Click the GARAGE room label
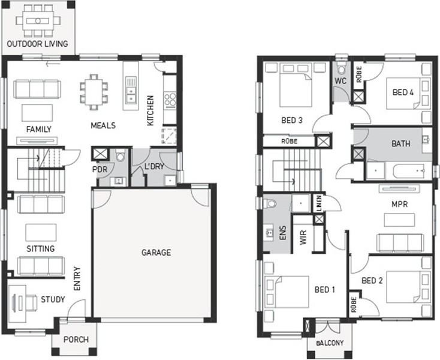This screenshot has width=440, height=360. coord(156,253)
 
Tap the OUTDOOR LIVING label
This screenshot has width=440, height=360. coord(37,44)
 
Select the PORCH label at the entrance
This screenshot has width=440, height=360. coord(76,340)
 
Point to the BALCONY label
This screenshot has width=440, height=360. coord(330,343)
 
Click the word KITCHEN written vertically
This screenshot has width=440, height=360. coord(150,110)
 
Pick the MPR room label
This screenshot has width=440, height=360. coord(399,204)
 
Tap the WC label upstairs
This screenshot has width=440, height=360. coord(340,81)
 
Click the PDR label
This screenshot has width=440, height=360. coord(100,169)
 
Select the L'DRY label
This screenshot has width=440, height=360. coord(154,166)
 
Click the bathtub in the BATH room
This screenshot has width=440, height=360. coord(409,171)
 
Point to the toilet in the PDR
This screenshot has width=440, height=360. coord(120,155)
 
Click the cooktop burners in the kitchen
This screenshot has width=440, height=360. coord(170,100)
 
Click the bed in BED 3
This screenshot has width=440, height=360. coord(296,85)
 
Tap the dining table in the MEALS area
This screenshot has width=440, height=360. coord(94,92)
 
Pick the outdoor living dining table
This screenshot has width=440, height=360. coord(38,21)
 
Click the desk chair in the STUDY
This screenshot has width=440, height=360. coord(31,303)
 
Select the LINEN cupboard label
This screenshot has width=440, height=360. coord(318,203)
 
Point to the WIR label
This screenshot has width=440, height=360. coord(303,238)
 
